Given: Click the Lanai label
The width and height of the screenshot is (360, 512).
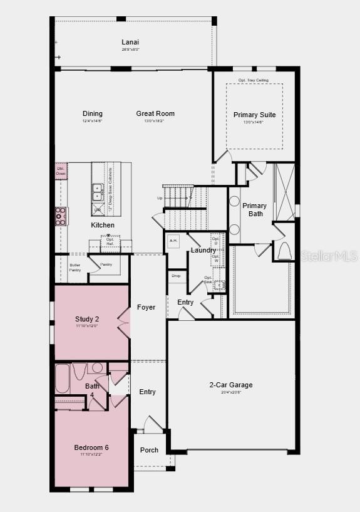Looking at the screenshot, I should pos(130,43).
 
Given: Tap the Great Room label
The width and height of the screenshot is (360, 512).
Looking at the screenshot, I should pos(155,113).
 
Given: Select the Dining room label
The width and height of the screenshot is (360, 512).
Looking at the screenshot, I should pos(93,113).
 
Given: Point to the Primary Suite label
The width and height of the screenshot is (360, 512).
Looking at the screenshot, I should pos(254,115).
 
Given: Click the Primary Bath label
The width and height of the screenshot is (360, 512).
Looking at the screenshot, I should pos(254,209).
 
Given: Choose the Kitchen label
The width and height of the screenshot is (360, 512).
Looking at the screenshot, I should pos(103,225).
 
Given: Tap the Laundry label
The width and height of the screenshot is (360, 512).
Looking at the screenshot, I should pos(203,251).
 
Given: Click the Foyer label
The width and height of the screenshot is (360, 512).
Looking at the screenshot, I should pos(147,307).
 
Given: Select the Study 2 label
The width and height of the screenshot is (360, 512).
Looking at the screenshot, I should pos(87,320).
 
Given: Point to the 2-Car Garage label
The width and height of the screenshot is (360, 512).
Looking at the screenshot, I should pos(231,385).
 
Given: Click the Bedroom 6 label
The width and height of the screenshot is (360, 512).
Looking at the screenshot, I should pos(91,447).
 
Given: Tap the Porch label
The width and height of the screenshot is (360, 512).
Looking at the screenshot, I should pos(149,450).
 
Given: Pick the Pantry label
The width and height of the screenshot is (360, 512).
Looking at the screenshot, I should pos(106,264).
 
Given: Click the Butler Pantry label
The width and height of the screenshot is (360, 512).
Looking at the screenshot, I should pos(75,268).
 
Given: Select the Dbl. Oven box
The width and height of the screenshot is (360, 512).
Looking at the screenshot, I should pos(61,170).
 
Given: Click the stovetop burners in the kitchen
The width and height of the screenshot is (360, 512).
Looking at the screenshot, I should pos(61,216).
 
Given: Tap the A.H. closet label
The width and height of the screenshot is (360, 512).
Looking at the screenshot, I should pos(173,240).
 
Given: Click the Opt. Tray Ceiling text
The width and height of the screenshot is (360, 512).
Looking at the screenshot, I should pos(254,80).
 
